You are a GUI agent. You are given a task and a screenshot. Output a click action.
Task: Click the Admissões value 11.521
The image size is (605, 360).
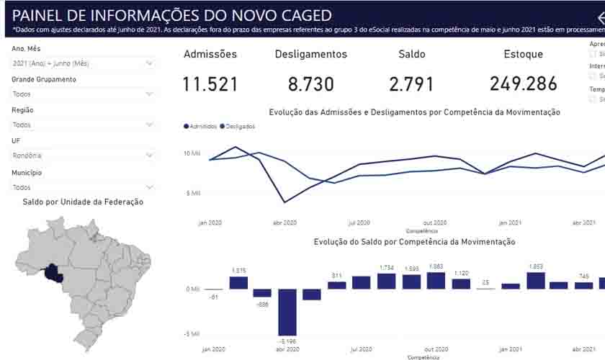(x=210, y=84)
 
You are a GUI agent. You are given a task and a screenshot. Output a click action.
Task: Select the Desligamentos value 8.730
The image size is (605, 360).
(x=311, y=84)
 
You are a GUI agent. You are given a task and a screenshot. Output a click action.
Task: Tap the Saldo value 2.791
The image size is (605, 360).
(x=411, y=84)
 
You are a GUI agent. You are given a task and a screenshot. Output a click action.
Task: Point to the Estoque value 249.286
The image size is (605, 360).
(x=524, y=84)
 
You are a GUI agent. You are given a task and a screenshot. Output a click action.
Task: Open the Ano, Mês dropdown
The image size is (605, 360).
(x=83, y=63)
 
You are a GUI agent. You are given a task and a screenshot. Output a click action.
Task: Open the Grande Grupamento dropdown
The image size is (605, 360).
(x=83, y=94)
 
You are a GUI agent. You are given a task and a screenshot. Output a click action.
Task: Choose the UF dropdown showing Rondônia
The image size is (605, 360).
(x=83, y=155)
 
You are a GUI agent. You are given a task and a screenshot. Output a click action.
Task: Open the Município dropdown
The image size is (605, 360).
(x=83, y=186)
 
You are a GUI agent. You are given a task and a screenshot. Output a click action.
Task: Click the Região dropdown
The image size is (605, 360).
(x=83, y=125)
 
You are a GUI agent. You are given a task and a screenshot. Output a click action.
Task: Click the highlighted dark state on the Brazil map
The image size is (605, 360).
(x=52, y=273)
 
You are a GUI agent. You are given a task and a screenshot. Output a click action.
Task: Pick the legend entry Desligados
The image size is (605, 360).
(x=238, y=126)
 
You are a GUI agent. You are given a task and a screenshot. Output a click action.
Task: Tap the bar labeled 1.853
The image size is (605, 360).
(x=535, y=280)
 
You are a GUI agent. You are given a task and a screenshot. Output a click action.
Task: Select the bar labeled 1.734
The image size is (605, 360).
(x=386, y=281)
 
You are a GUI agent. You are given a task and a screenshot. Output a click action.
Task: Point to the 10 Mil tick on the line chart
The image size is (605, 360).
(x=192, y=153)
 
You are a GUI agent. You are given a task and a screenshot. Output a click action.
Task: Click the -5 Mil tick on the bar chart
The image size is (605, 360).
(x=192, y=333)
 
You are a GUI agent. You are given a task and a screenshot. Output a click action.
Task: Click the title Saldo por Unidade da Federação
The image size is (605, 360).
(x=83, y=202)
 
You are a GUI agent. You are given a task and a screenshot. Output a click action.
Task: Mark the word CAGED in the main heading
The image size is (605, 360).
(x=302, y=15)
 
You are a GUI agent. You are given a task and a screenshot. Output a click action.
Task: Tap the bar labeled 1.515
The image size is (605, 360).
(x=238, y=282)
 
